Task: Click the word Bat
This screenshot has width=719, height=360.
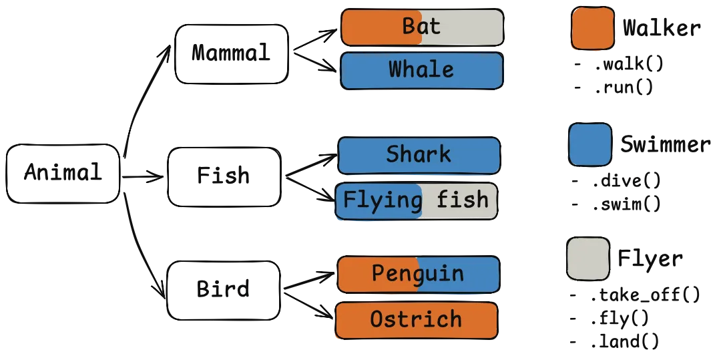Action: (421, 27)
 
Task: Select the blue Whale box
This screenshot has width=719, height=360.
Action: (421, 70)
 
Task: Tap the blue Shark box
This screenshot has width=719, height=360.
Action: (419, 155)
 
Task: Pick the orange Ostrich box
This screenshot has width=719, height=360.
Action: (416, 319)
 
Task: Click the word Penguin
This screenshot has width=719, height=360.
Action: (417, 274)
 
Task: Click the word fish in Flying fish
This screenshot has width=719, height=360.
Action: (463, 200)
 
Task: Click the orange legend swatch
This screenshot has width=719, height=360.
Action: (591, 29)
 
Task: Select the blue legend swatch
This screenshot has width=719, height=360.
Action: (590, 144)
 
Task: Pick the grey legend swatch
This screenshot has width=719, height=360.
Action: (587, 258)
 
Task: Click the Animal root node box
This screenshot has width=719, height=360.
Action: (62, 174)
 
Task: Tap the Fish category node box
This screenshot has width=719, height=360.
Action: (224, 177)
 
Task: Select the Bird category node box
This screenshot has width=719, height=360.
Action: (224, 289)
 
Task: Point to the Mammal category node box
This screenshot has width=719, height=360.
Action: (229, 54)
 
